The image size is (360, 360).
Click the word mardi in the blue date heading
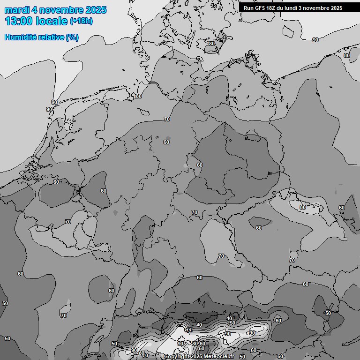[17, 10]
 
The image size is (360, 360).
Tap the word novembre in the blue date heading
[60, 10]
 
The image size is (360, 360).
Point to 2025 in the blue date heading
[95, 10]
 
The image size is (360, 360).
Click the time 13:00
[19, 21]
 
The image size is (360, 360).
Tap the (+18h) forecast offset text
[81, 21]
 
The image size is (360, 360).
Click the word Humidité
[20, 37]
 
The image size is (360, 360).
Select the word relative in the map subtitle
[50, 37]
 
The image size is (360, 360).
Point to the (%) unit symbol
[72, 37]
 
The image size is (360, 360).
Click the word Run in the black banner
[249, 8]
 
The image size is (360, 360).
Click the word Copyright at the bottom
[177, 357]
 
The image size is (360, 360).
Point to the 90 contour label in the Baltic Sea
[315, 40]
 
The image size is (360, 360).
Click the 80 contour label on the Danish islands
[212, 44]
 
